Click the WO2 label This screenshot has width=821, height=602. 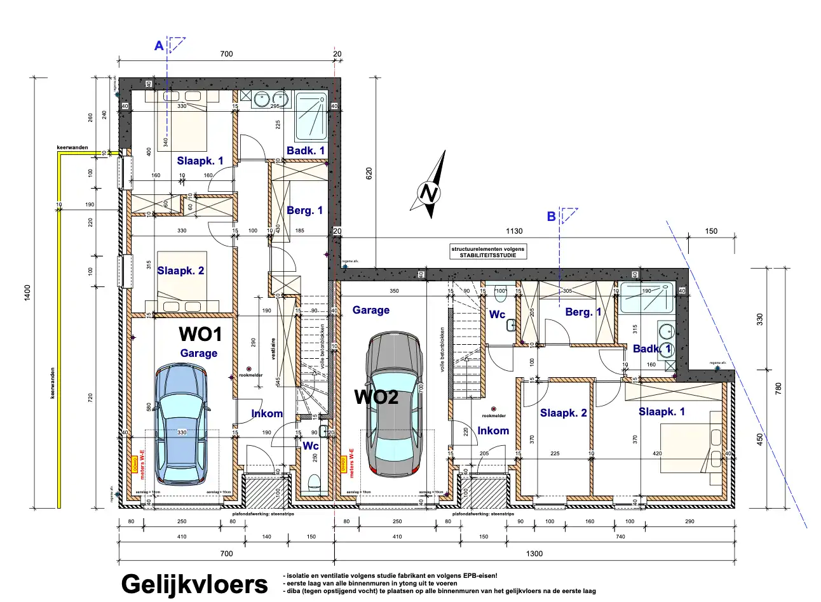pyautogui.click(x=376, y=397)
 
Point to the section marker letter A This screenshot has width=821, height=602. pyautogui.click(x=159, y=46)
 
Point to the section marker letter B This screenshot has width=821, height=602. pyautogui.click(x=551, y=217)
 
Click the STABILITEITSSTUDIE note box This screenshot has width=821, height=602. pyautogui.click(x=488, y=251)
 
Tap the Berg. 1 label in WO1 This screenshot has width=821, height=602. pyautogui.click(x=304, y=210)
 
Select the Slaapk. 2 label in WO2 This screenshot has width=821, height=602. pyautogui.click(x=563, y=413)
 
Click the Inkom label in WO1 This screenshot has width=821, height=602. pyautogui.click(x=267, y=413)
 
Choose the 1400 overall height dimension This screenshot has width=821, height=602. pyautogui.click(x=27, y=293)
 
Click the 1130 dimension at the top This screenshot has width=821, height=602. pyautogui.click(x=513, y=231)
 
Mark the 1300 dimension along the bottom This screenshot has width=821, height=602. pyautogui.click(x=534, y=553)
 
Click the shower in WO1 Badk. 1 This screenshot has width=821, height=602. pyautogui.click(x=311, y=116)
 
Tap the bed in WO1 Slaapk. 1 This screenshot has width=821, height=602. pyautogui.click(x=182, y=121)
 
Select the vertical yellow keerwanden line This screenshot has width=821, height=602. pyautogui.click(x=58, y=330)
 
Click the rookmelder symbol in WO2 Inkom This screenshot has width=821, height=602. pyautogui.click(x=493, y=409)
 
